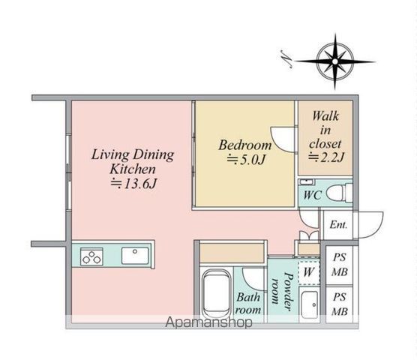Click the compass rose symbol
[335, 61]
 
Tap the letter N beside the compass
[286, 59]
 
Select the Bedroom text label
[245, 145]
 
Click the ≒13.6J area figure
[133, 183]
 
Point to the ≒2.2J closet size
[326, 157]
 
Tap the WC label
[313, 195]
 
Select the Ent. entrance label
[338, 225]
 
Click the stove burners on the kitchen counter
[91, 256]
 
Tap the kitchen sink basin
[135, 256]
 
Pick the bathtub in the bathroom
[216, 294]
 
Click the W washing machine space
[308, 272]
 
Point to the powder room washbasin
[310, 305]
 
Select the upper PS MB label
[340, 265]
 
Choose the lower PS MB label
[340, 304]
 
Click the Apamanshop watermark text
[208, 322]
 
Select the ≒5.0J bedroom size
[246, 160]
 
